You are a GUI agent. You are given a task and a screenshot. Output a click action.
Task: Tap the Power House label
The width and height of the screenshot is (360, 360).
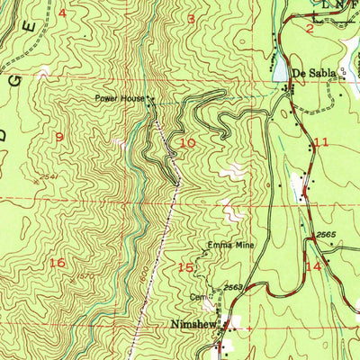(x=120, y=99)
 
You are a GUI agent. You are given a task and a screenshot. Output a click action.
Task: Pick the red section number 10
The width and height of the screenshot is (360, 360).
(x=188, y=142)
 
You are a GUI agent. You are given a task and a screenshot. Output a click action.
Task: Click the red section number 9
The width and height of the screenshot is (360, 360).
(x=59, y=137)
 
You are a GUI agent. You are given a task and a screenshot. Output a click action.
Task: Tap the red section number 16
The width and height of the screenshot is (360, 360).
(x=58, y=263)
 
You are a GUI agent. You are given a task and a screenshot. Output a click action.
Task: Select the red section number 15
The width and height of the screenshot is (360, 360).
(x=186, y=267)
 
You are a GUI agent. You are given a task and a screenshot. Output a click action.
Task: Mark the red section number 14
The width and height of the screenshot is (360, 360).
(x=313, y=266)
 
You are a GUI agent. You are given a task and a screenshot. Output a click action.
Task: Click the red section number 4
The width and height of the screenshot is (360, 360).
(x=62, y=13)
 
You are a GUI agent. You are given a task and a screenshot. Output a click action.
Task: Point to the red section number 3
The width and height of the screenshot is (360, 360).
(x=191, y=18)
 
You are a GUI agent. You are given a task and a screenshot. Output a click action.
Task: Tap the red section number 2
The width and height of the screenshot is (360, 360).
(x=309, y=29)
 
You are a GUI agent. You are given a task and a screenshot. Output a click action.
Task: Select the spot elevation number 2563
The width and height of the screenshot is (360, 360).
(x=234, y=287)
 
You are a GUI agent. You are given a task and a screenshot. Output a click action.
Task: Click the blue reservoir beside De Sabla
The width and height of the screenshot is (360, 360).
(x=279, y=68)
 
